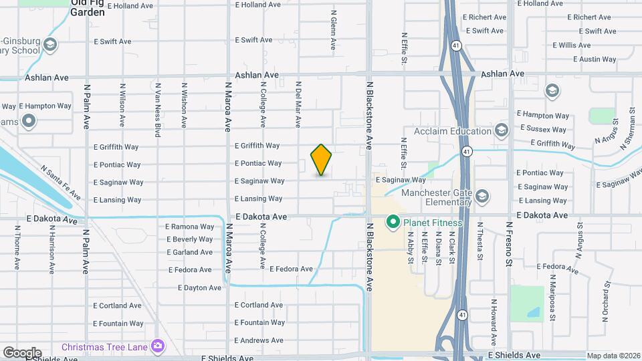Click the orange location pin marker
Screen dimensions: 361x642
321,159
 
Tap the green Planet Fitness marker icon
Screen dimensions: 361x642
393,222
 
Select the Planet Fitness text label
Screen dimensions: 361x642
433,223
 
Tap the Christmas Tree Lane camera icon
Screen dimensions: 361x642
157,346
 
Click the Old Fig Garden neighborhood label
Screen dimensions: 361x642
88,7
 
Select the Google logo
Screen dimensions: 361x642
22,353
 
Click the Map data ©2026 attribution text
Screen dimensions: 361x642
613,356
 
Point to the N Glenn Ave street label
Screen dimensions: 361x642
332,31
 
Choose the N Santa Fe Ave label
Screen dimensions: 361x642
61,183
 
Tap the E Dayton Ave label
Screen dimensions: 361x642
199,287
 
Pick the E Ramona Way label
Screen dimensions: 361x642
190,227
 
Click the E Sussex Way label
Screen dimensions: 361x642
542,129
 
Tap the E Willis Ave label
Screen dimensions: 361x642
572,45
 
